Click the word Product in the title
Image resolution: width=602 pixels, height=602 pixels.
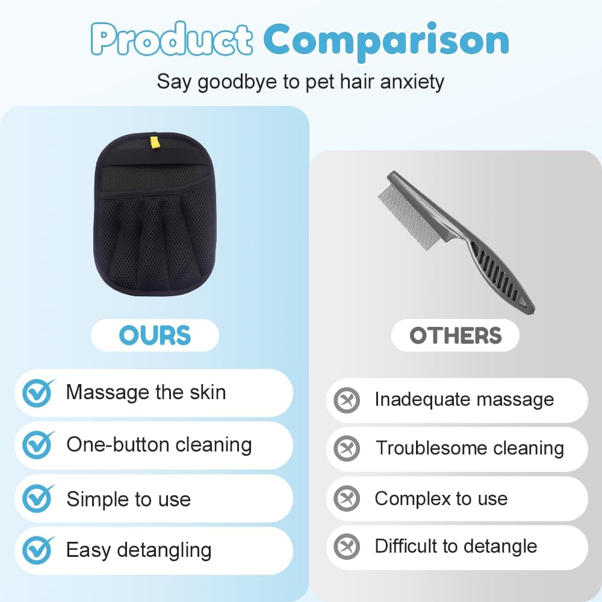172,39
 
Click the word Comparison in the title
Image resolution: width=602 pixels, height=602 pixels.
386,41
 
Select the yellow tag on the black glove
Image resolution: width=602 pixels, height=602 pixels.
154,141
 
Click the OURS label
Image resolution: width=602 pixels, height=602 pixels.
155,335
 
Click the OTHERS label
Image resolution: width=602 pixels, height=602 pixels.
455,335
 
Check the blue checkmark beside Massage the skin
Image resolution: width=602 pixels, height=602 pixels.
37,393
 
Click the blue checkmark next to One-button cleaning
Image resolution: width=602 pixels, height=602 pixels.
37,445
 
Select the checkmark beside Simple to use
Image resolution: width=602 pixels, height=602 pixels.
37,498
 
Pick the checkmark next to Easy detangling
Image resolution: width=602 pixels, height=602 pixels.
37,550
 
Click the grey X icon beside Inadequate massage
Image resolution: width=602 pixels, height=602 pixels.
347,400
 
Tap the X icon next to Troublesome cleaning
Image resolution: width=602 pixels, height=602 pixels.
347,448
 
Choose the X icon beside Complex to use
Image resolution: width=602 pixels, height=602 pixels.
347,498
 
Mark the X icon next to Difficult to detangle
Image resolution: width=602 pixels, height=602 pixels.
347,547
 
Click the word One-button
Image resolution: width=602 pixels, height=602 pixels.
118,445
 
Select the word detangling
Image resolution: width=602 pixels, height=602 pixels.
164,551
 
